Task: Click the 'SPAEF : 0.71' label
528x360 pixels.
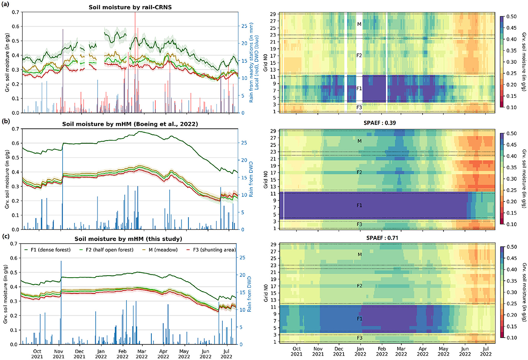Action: click(x=387, y=238)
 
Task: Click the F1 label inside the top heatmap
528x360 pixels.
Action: click(x=359, y=88)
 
